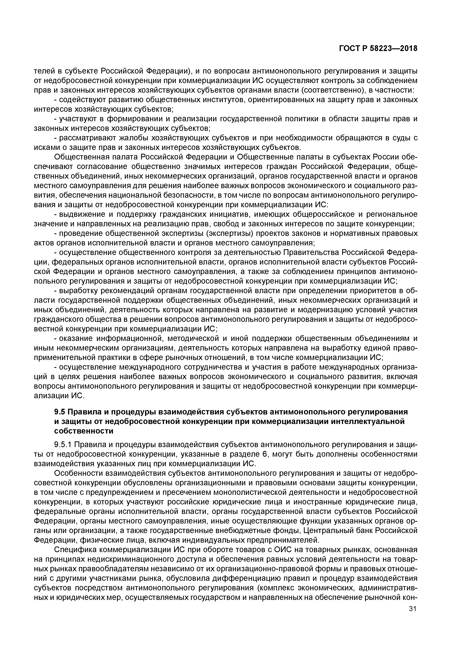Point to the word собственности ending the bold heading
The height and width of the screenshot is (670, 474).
84,431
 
